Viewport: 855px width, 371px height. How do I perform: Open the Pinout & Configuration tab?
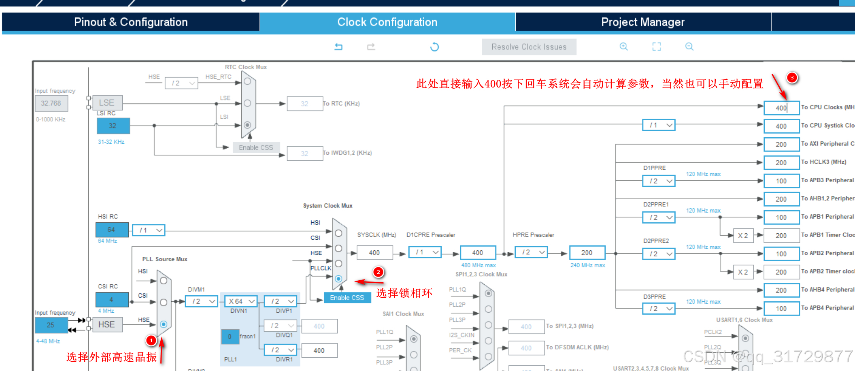131,22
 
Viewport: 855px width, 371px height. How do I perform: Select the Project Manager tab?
643,22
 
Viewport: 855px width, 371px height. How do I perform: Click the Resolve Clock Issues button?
529,47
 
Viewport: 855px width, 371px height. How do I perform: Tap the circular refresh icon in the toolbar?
434,47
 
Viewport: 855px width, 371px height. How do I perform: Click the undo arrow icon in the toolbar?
338,47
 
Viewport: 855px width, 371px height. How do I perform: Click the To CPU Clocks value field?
781,108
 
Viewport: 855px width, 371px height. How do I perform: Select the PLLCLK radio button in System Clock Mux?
339,279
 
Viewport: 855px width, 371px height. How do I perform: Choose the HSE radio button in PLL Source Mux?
164,324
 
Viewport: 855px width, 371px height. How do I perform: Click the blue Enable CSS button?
347,298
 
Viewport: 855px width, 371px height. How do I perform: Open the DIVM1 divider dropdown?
201,301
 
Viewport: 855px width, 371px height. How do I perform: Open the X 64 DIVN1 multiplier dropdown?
241,301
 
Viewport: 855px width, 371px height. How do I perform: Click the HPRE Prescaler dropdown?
531,252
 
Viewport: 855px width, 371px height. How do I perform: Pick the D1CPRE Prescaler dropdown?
425,252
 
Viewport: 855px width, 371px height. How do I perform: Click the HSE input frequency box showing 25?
51,325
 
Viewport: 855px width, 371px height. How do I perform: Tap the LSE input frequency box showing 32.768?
51,103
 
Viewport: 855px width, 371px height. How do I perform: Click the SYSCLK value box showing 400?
374,253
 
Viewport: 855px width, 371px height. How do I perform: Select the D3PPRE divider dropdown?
659,309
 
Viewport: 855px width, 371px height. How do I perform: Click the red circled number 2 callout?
378,272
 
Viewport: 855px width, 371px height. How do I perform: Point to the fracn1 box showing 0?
230,337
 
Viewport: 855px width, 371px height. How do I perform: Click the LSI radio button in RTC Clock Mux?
247,125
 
